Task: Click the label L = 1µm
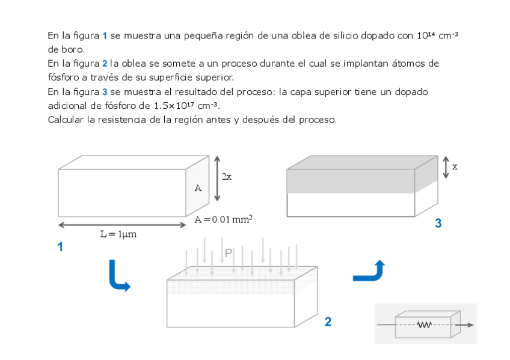click(x=118, y=234)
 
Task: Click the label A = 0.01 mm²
click(x=223, y=219)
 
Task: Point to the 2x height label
click(x=227, y=177)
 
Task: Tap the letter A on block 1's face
click(x=198, y=188)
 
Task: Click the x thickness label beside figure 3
click(x=455, y=166)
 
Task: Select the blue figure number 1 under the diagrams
click(x=60, y=246)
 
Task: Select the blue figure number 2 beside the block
click(x=328, y=322)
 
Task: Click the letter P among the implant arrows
click(x=228, y=254)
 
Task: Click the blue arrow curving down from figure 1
click(x=118, y=277)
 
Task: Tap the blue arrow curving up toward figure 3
click(x=368, y=272)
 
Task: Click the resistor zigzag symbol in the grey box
click(x=425, y=325)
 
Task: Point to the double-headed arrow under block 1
click(x=122, y=225)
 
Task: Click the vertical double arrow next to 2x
click(x=217, y=178)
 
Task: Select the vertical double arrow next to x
click(x=446, y=167)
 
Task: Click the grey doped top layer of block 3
click(x=351, y=181)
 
